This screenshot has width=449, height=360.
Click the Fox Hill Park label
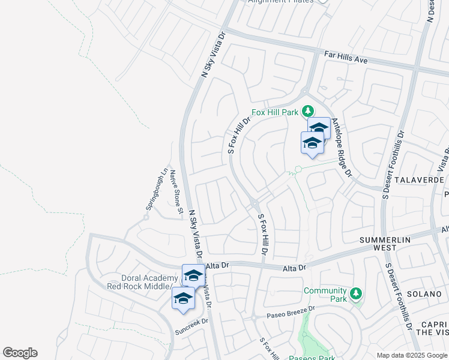click(x=276, y=112)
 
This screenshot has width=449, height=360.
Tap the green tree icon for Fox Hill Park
click(x=308, y=111)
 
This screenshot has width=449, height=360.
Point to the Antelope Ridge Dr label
click(x=340, y=147)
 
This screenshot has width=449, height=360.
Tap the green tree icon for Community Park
click(x=356, y=293)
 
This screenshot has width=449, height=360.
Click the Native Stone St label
click(x=176, y=192)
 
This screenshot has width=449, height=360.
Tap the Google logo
click(x=20, y=353)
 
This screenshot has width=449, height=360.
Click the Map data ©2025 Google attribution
click(x=412, y=355)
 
